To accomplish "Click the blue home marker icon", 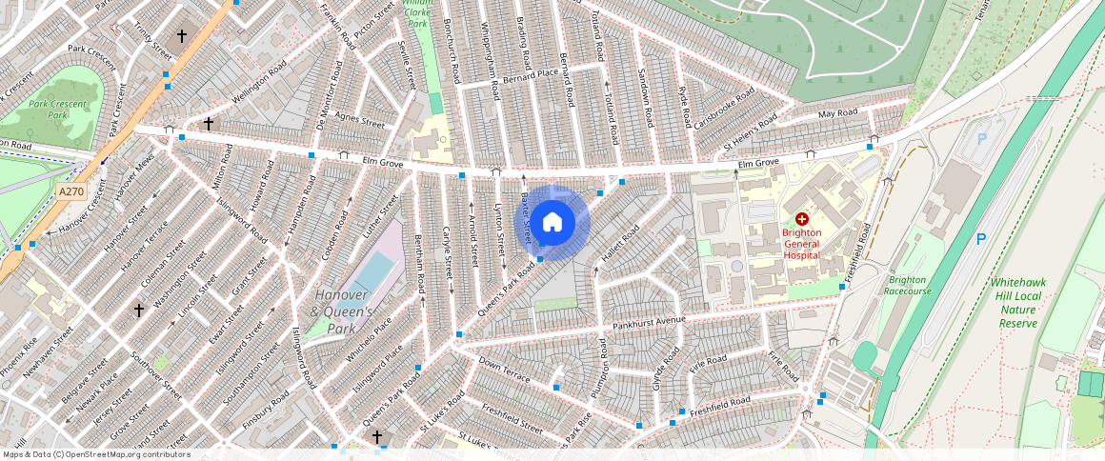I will (x=552, y=223).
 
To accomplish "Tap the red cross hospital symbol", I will (x=801, y=219).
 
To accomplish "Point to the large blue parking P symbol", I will (x=980, y=239).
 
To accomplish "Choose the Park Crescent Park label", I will (x=57, y=110).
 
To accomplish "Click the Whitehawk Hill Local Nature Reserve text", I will (x=1018, y=303).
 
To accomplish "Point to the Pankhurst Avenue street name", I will (x=650, y=321).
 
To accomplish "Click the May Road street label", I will (x=838, y=113).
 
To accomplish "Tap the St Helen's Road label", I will (x=752, y=130).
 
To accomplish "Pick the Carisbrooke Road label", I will (x=724, y=110).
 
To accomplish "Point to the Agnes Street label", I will (x=359, y=123).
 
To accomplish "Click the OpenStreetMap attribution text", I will (x=96, y=454).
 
